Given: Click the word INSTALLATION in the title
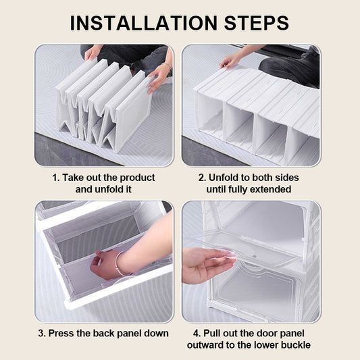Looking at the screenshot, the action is point(144,23).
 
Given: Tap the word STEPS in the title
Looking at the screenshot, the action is point(257,23).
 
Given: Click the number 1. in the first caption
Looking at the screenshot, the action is point(56,178).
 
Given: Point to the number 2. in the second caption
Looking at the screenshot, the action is point(202,178).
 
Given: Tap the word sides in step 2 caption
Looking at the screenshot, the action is point(287,178).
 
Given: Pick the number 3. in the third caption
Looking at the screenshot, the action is point(43,334).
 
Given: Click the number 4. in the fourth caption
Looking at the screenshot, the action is point(197,334).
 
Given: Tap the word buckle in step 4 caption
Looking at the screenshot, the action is point(294,345).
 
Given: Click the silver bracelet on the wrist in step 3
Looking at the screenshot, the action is point(121,263).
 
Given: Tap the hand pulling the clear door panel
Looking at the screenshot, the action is point(208,263).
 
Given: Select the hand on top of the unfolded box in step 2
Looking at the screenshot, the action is point(230,61).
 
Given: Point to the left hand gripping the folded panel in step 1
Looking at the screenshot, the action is point(92,53).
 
